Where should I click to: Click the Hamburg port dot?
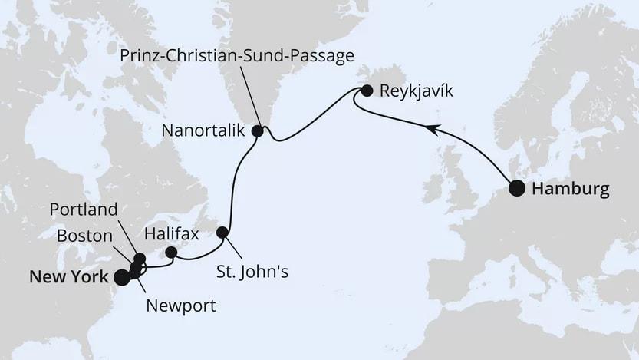coord(518,189)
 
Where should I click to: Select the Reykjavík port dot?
coord(367,91)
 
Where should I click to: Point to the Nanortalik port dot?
coord(258,131)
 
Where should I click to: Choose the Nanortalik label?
coord(203,131)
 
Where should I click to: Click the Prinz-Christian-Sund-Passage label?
coord(237,55)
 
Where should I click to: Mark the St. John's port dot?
coord(222,232)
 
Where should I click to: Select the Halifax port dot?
coord(171,252)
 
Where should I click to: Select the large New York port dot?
coord(121,277)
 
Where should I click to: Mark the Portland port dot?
coord(140,259)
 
